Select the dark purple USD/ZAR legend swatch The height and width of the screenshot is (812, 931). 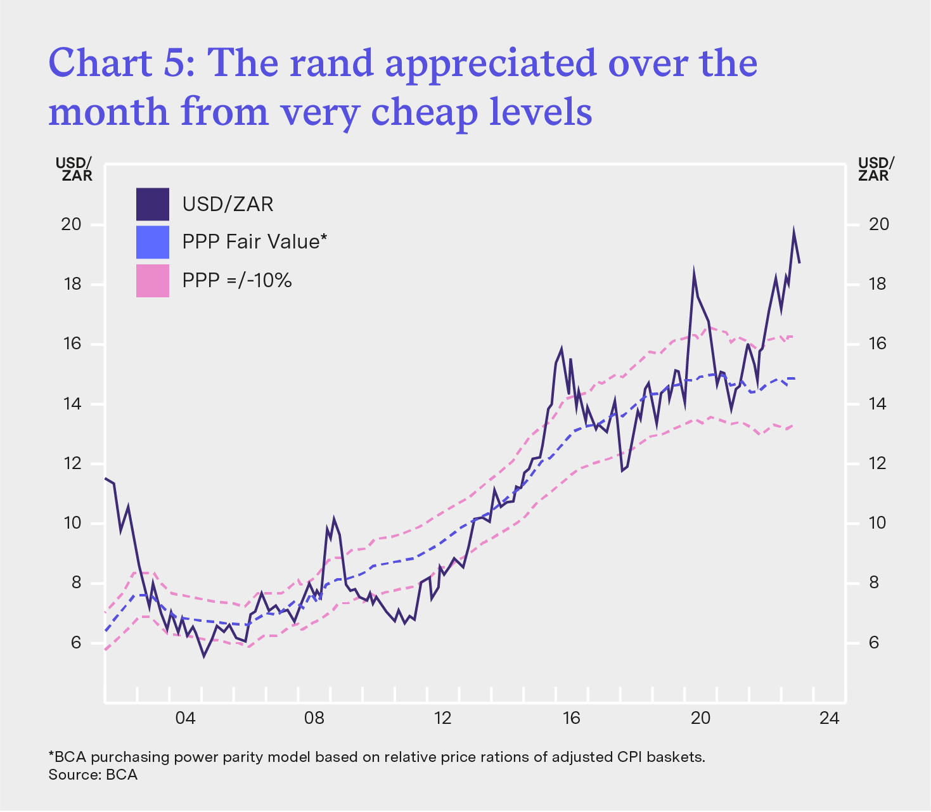coord(153,204)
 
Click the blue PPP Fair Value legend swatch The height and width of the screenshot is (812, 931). coord(153,242)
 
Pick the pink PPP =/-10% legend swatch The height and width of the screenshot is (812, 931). coord(153,280)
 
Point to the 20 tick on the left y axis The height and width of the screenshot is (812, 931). coord(72,224)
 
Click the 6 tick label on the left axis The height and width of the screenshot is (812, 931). coord(76,643)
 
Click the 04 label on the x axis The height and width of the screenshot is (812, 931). coord(185,719)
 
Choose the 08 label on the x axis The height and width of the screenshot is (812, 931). coord(314,719)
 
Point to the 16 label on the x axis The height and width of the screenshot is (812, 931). coord(571,719)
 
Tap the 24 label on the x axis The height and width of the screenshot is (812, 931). coord(829,719)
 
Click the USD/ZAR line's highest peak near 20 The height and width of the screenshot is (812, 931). coord(793,232)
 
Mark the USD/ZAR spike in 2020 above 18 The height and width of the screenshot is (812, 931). coord(694,274)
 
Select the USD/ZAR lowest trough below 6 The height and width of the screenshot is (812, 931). coord(203,655)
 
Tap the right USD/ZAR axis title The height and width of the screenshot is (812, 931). coord(875,169)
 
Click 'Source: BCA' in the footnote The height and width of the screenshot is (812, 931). coord(93,775)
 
